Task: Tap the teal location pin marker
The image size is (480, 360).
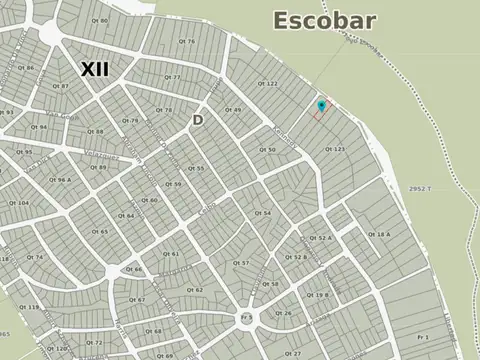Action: [320, 105]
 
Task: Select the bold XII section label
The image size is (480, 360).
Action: [95, 68]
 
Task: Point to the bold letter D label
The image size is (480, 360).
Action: [198, 120]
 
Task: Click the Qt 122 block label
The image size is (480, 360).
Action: [268, 83]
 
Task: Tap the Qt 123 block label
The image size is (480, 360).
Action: [336, 149]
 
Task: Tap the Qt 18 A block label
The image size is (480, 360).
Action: [380, 234]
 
